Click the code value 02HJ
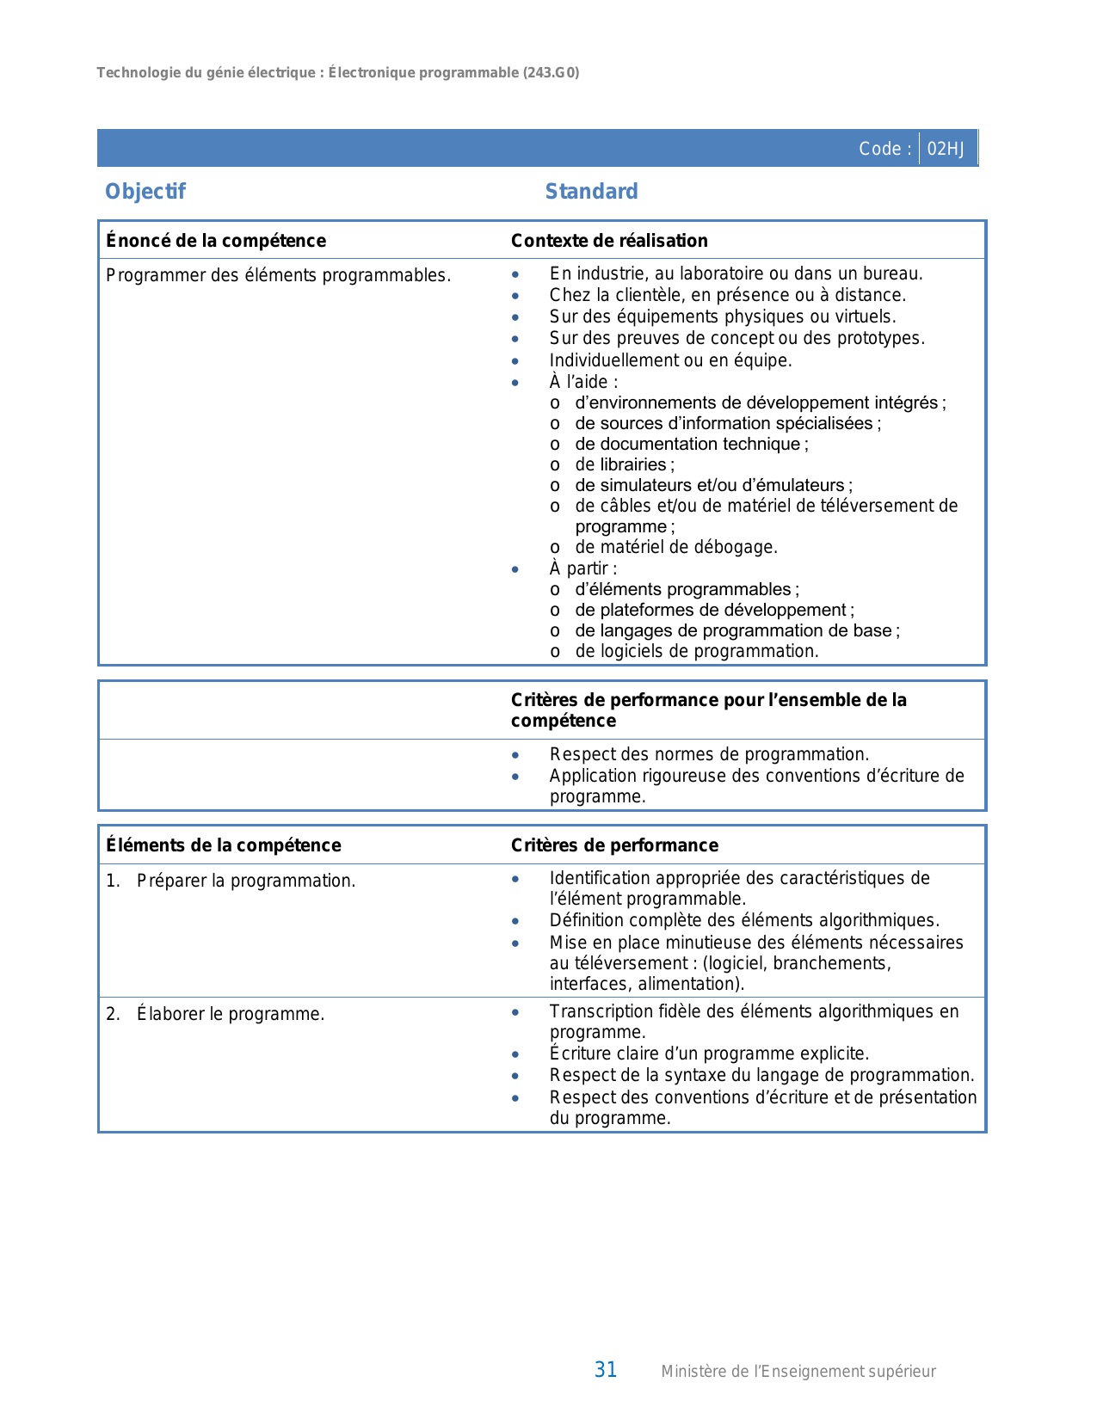(x=946, y=149)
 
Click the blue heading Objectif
(x=145, y=192)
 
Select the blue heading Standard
(x=591, y=192)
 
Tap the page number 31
(x=606, y=1370)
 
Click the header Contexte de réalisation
(x=609, y=241)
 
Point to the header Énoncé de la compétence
(x=216, y=241)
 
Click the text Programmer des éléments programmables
(x=278, y=276)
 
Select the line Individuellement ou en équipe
(x=670, y=360)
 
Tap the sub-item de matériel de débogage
(x=675, y=547)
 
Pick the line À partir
(x=582, y=568)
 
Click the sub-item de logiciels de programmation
(x=696, y=651)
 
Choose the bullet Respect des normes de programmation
(x=709, y=754)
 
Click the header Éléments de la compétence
(x=224, y=845)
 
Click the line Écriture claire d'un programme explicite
(x=709, y=1053)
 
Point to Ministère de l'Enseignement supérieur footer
(x=798, y=1372)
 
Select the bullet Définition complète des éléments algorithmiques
(x=744, y=920)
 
